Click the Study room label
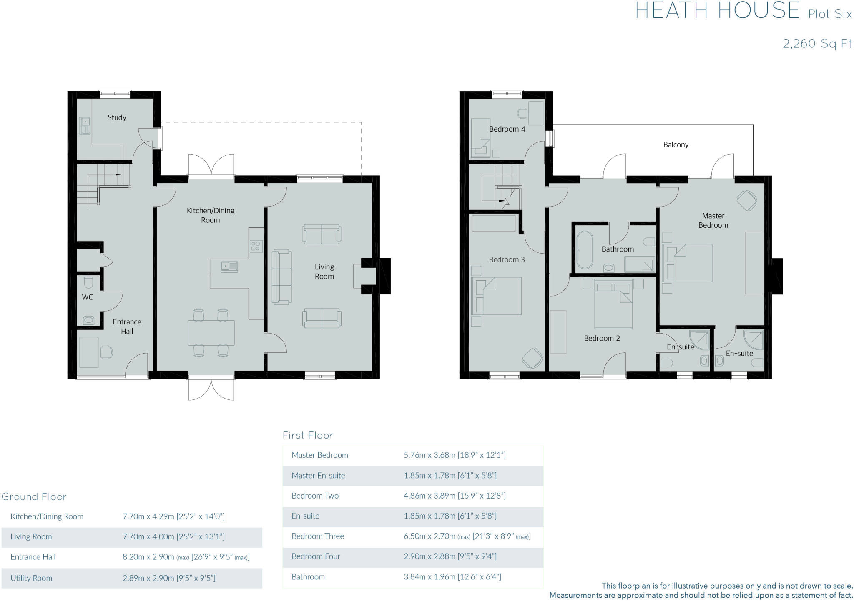pos(117,117)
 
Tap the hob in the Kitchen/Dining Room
pos(256,246)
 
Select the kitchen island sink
pos(229,267)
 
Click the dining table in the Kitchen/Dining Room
pos(211,333)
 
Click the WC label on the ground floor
pos(88,297)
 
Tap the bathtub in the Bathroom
pos(584,250)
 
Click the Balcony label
pos(676,145)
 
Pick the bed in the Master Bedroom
pos(688,263)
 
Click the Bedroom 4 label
pos(507,129)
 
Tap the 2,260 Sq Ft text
pos(816,44)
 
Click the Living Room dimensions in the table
pos(173,536)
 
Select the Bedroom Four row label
pos(316,556)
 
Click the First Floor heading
pos(307,435)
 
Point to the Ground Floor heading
pos(34,496)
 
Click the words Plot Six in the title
pos(829,14)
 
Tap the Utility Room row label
pos(31,578)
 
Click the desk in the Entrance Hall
pos(89,352)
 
